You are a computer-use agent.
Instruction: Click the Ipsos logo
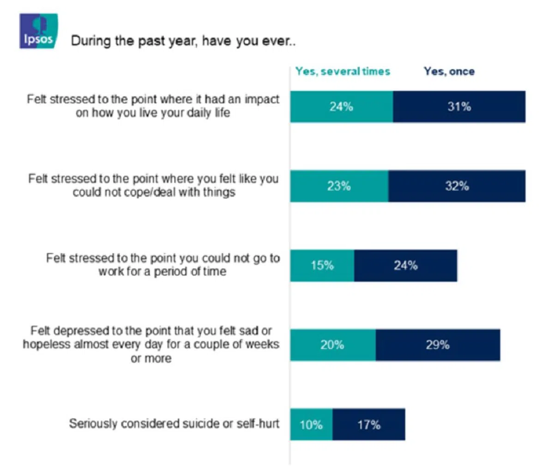pos(38,31)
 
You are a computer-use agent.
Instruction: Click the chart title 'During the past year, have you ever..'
pos(183,41)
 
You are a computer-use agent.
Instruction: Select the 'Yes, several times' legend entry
pos(343,71)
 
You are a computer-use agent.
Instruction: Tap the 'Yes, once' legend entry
pos(449,71)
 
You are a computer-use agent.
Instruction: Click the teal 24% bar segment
pos(342,107)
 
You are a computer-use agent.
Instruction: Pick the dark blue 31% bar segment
pos(459,107)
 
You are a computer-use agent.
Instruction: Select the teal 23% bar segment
pos(339,186)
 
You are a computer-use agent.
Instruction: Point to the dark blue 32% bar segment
pos(457,186)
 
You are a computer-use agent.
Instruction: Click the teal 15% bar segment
pos(322,266)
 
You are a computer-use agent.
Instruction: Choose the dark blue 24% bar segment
pos(405,266)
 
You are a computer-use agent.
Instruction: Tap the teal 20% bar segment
pos(333,345)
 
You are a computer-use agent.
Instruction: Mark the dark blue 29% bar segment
pos(438,345)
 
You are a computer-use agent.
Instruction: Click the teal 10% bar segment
pos(311,424)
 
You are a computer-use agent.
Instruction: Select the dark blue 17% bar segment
pos(368,424)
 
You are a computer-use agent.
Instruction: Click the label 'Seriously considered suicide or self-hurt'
pos(174,424)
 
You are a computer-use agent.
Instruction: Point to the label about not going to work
pos(163,265)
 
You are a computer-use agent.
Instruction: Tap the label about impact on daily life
pos(153,106)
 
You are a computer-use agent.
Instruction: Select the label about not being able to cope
pos(153,185)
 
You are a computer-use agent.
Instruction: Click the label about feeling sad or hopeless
pos(151,344)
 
